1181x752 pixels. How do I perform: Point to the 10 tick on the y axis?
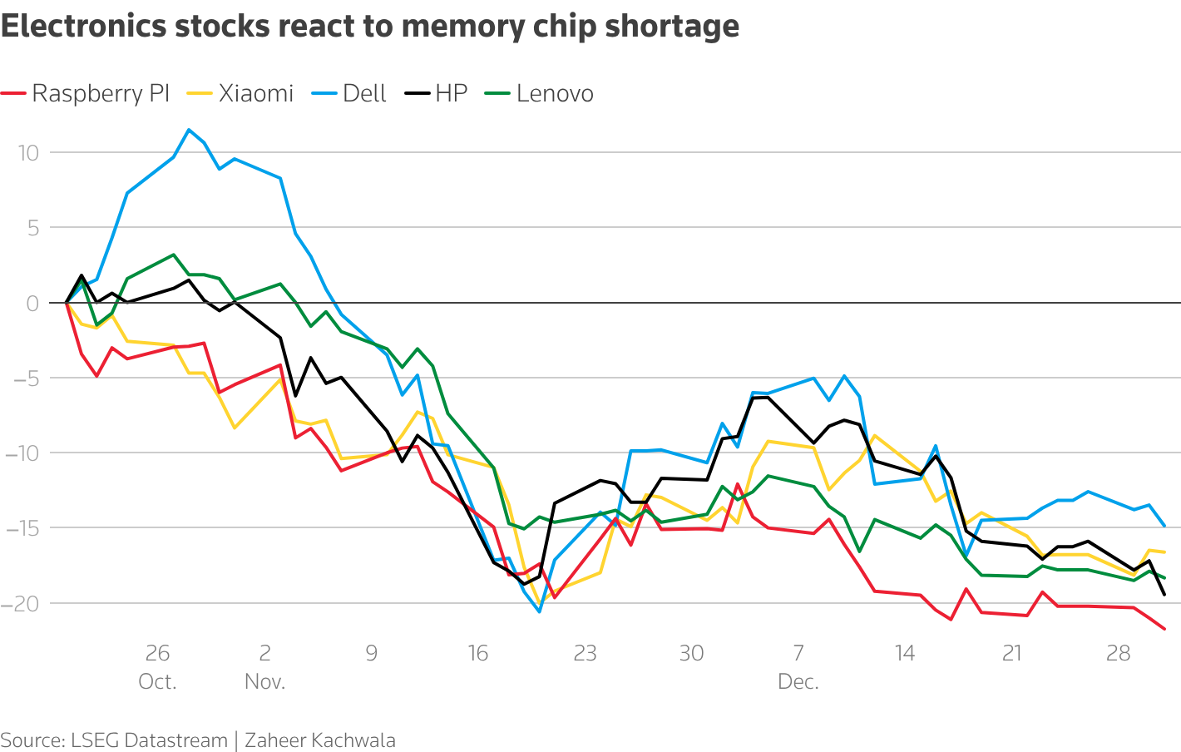27,152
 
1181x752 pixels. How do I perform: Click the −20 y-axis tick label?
20,603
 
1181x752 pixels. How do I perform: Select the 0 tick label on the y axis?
32,303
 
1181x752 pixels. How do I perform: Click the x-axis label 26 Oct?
157,666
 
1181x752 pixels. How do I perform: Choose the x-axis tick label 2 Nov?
264,666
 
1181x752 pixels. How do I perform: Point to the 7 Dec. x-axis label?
798,666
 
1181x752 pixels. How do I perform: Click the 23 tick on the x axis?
585,653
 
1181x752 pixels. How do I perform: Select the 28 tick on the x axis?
1119,653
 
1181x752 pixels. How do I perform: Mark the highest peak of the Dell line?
189,130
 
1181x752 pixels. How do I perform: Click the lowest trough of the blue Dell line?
539,611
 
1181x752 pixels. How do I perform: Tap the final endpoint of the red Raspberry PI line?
1164,628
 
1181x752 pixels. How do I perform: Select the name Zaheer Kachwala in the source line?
320,740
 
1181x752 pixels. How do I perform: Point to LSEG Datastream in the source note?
149,740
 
